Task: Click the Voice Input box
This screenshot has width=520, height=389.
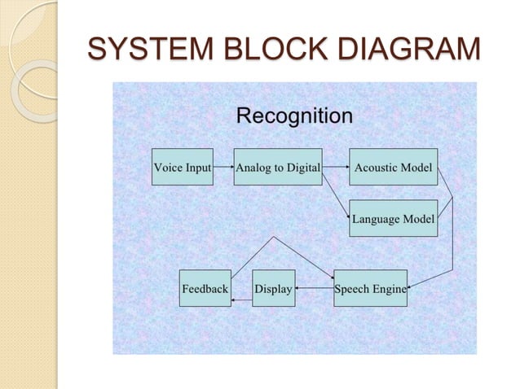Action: (183, 168)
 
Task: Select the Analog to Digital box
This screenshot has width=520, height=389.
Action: (278, 168)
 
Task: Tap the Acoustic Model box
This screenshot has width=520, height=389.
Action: (393, 168)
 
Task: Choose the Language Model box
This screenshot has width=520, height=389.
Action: (393, 218)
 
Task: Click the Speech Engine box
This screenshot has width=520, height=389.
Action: (370, 288)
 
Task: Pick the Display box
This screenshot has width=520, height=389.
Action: (274, 288)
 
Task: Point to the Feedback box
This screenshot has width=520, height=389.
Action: (205, 288)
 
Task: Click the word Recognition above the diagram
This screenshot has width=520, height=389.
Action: (294, 116)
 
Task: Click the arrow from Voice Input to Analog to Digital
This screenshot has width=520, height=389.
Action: (223, 168)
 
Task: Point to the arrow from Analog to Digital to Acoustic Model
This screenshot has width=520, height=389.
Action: (336, 168)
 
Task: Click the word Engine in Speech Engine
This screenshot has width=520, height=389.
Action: (389, 289)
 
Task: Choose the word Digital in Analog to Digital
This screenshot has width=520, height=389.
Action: (301, 168)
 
